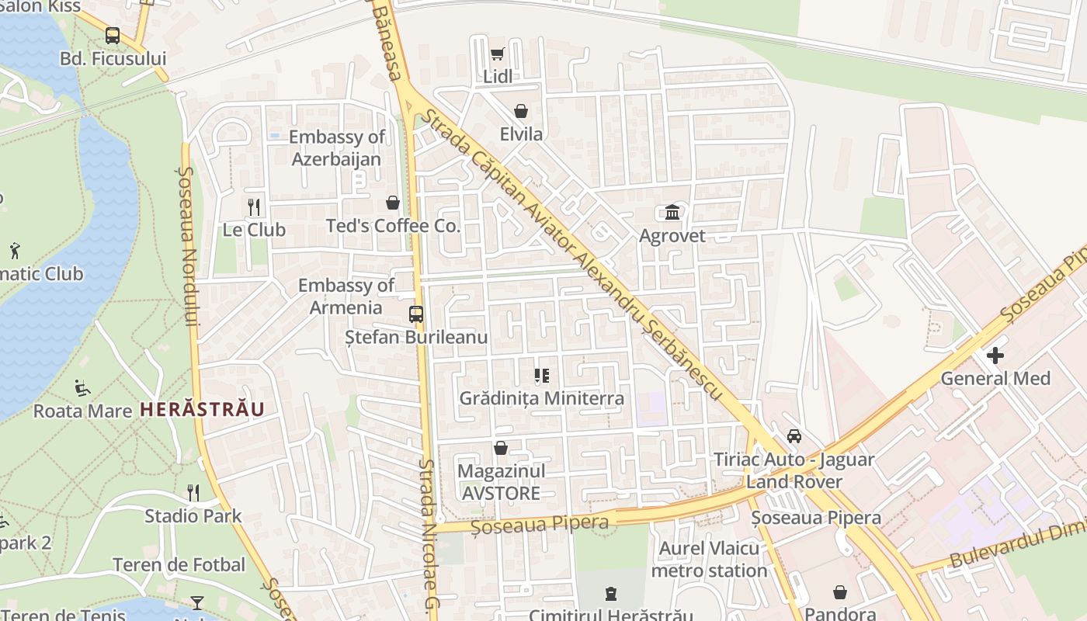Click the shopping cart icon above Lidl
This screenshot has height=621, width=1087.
pos(497,54)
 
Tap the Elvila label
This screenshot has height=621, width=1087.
pos(521,134)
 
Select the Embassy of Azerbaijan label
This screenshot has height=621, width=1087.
pos(336,148)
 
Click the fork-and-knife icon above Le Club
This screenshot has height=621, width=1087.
pos(253,206)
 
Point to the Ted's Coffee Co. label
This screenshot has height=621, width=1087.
pos(393,226)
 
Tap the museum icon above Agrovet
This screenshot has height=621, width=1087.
pos(672,212)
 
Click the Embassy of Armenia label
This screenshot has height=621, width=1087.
pos(346,297)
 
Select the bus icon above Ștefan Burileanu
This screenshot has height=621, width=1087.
pos(416,314)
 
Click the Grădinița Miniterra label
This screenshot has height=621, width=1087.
pos(541,398)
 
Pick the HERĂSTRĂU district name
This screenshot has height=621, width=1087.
pos(202,409)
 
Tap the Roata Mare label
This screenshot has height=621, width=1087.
pos(82,411)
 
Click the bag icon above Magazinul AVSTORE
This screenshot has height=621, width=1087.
pos(501,448)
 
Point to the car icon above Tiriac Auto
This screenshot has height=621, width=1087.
pos(794,435)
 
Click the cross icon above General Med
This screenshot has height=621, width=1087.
pos(995,356)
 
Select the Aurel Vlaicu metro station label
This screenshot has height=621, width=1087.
pos(709,560)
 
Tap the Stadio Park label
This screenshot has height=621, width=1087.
pos(193,515)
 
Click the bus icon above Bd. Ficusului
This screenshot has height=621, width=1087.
pos(113,35)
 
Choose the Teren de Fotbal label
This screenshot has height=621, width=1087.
pos(179,564)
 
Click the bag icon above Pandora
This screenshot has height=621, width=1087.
pos(840,593)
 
